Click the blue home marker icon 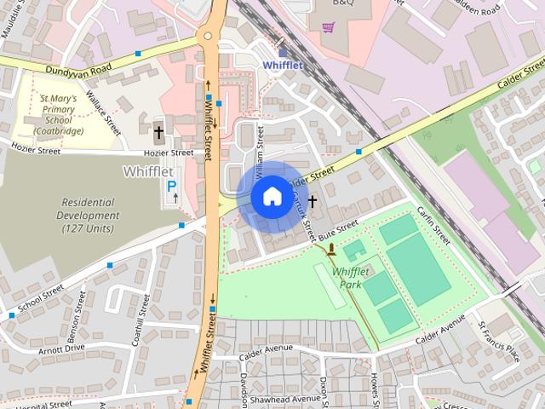coord(271,196)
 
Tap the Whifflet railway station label coord(282,65)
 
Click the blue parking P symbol coord(171,185)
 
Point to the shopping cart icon coord(328,27)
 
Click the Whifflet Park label coord(350,277)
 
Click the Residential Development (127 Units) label coord(89,215)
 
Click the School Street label coord(40,298)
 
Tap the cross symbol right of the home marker coord(313,201)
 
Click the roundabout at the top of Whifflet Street coord(209,36)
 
